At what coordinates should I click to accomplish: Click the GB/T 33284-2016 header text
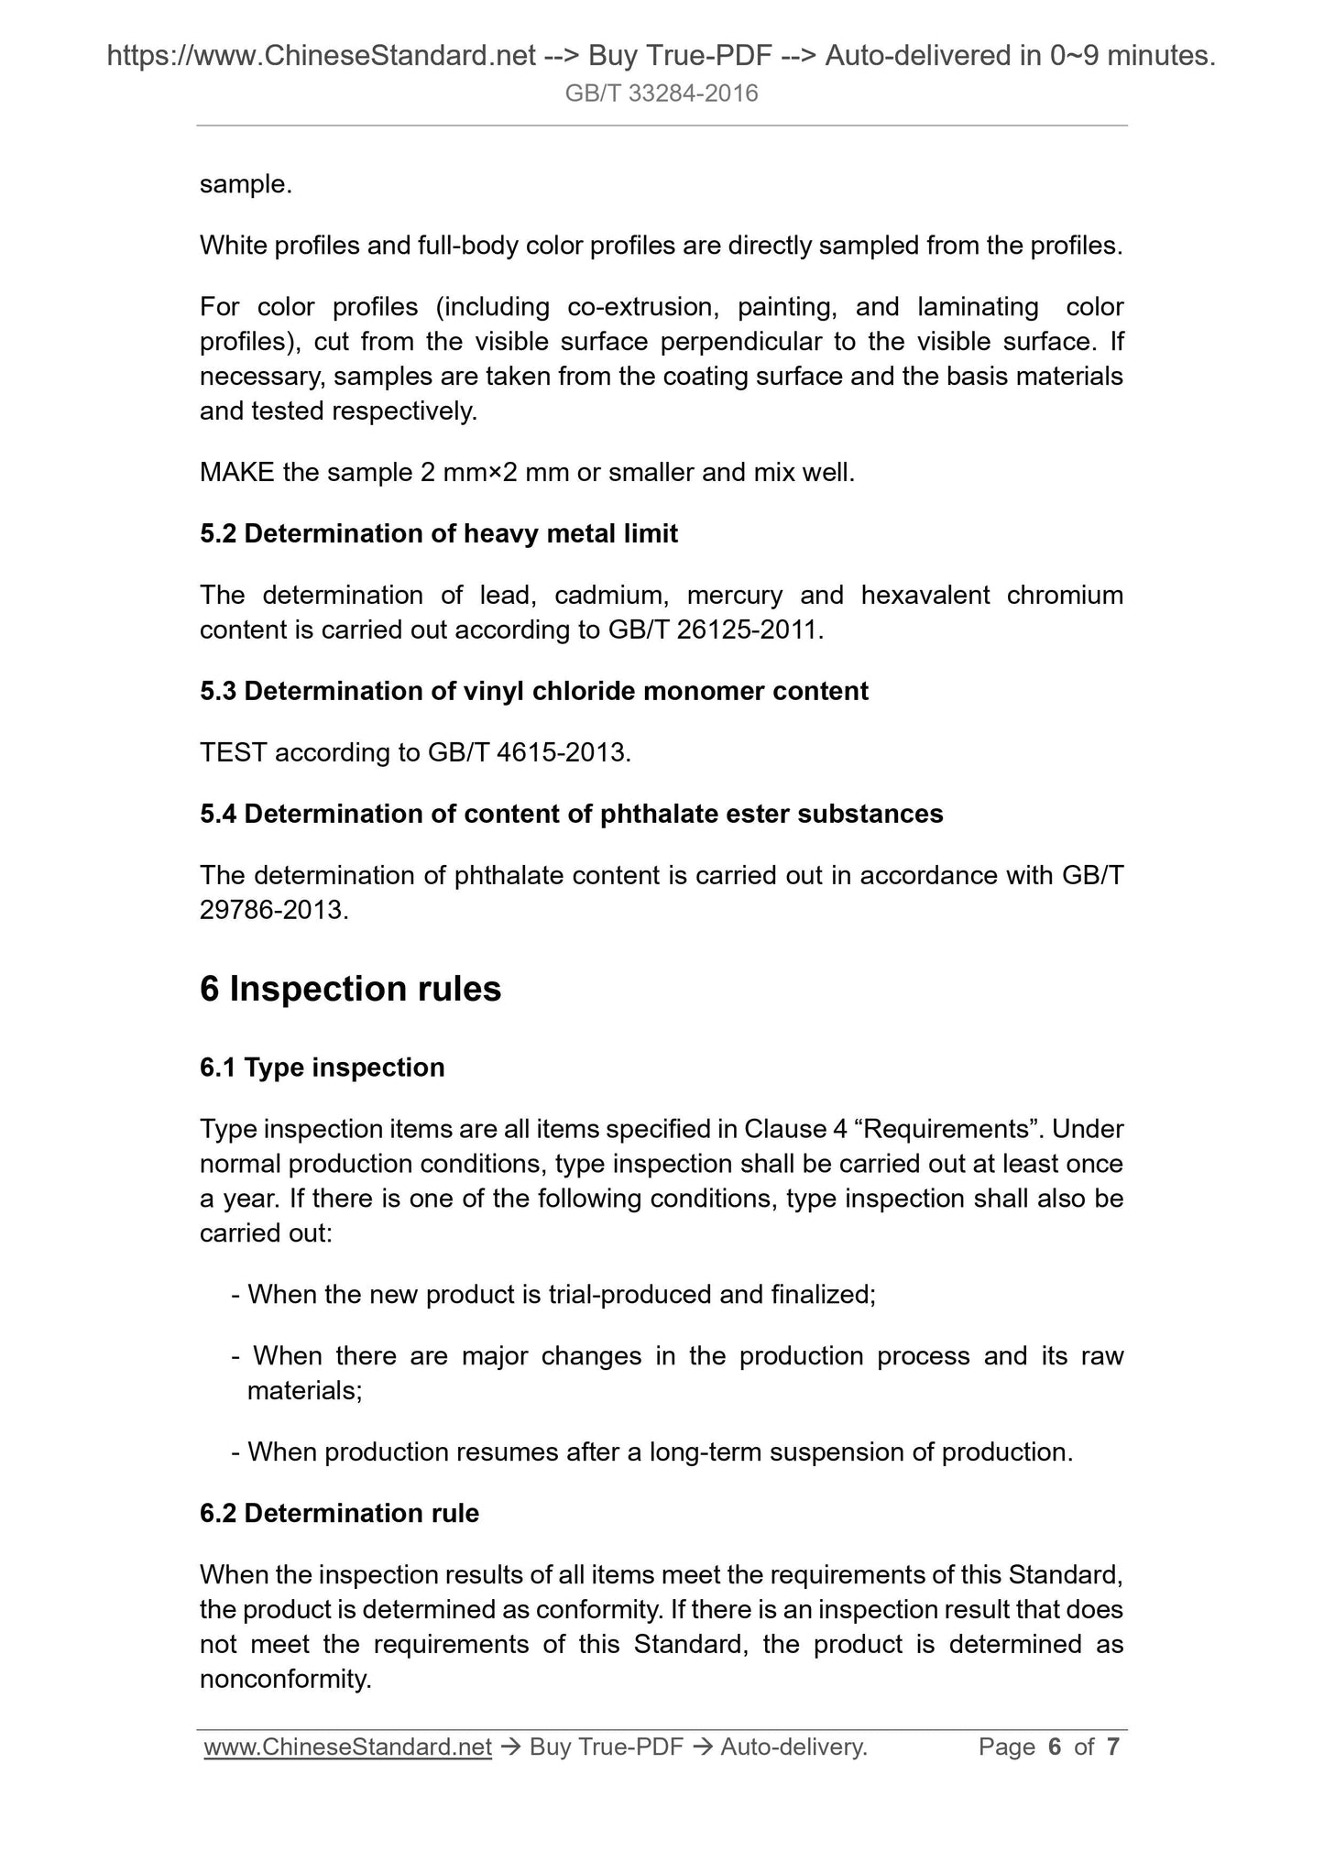pyautogui.click(x=662, y=93)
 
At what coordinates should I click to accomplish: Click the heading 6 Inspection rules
pyautogui.click(x=350, y=989)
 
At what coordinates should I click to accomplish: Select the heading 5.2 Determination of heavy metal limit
pyautogui.click(x=438, y=533)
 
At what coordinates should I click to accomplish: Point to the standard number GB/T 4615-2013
pyautogui.click(x=528, y=753)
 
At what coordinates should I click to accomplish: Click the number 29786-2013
pyautogui.click(x=273, y=911)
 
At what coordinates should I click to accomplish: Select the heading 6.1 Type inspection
pyautogui.click(x=322, y=1068)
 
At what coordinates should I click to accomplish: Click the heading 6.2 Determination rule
pyautogui.click(x=339, y=1513)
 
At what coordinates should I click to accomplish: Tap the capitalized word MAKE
pyautogui.click(x=236, y=473)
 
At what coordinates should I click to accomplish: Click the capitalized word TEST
pyautogui.click(x=233, y=753)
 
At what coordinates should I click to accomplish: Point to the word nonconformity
pyautogui.click(x=285, y=1680)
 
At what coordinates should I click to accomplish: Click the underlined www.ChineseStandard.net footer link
pyautogui.click(x=347, y=1747)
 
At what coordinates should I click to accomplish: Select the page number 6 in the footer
pyautogui.click(x=1055, y=1747)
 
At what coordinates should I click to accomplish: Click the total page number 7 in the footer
pyautogui.click(x=1113, y=1747)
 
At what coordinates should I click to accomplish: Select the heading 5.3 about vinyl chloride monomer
pyautogui.click(x=533, y=691)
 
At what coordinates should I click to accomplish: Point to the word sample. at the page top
pyautogui.click(x=246, y=185)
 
